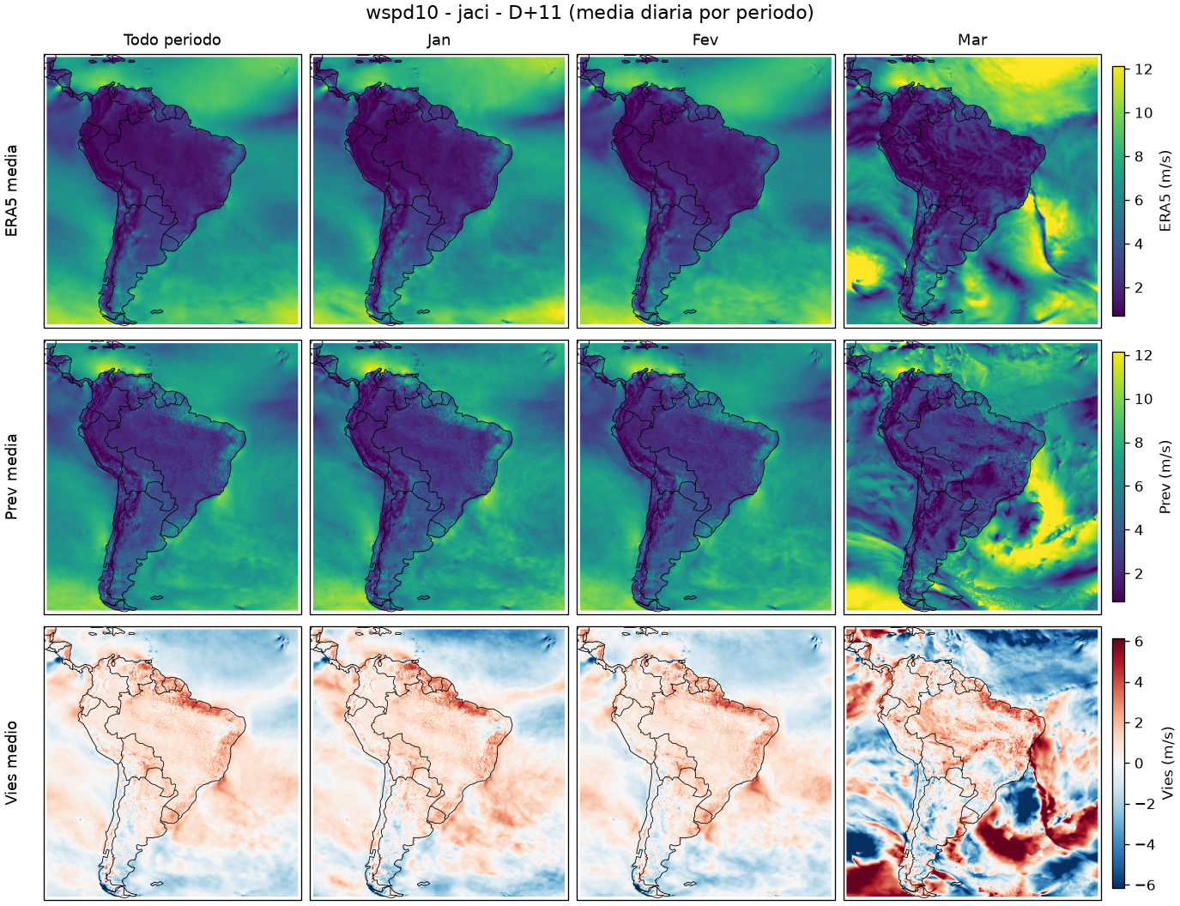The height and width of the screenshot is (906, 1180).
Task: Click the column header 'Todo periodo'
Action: click(172, 40)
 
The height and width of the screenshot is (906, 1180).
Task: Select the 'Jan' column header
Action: click(439, 40)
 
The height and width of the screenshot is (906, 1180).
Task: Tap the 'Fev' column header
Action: click(705, 40)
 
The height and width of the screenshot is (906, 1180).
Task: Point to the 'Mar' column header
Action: click(972, 40)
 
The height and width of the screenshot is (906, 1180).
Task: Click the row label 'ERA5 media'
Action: click(11, 190)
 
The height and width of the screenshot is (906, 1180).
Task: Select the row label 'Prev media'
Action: click(11, 477)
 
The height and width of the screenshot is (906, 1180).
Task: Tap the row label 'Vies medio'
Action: click(11, 763)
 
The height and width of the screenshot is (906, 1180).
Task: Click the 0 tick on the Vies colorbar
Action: click(1139, 764)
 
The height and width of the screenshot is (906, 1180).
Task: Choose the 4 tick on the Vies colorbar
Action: click(1139, 682)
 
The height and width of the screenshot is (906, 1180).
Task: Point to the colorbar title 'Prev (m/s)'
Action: click(1165, 477)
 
